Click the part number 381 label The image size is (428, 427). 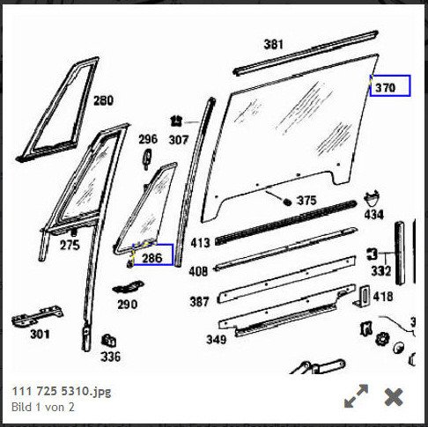click(273, 45)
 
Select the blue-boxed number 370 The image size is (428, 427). click(386, 87)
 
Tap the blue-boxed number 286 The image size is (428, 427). click(152, 258)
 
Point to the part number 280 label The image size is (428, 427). click(103, 100)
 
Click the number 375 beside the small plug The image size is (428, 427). click(306, 201)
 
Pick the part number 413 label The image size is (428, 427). click(201, 243)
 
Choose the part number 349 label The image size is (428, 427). click(217, 340)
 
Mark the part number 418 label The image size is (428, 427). click(383, 297)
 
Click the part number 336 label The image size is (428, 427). click(111, 357)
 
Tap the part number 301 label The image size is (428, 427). click(40, 334)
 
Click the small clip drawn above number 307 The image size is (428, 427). click(176, 121)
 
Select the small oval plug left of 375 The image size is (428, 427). click(287, 202)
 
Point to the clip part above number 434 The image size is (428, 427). click(372, 199)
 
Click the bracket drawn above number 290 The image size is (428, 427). click(129, 287)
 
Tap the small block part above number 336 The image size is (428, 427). click(108, 341)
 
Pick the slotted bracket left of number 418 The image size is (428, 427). click(362, 297)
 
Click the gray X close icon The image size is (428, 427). click(394, 397)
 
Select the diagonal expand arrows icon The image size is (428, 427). click(356, 396)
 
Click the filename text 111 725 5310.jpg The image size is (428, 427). click(62, 391)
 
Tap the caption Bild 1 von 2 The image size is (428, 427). click(43, 407)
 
